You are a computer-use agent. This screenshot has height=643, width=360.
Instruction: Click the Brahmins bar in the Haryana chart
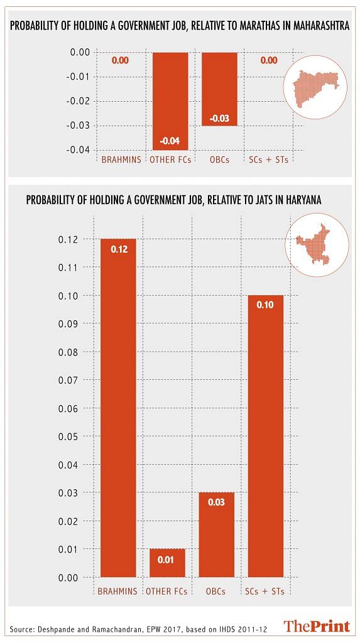point(118,408)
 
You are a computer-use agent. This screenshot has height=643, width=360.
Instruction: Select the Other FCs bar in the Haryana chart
point(167,563)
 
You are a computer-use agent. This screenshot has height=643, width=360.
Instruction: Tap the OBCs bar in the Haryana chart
point(216,535)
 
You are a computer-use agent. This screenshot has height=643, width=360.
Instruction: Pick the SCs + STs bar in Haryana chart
point(266,436)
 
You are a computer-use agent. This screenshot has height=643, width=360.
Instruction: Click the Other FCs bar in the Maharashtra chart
point(170,101)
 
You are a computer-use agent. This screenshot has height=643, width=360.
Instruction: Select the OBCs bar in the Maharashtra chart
point(220,89)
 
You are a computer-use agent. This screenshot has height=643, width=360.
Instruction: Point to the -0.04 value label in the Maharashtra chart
point(170,141)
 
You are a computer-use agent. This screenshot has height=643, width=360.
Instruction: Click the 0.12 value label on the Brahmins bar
point(119,249)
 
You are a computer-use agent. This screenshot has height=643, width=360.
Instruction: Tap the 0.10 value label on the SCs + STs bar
point(266,306)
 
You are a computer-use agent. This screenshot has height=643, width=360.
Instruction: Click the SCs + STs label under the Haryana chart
point(266,592)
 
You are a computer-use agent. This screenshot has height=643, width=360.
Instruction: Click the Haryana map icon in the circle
point(317,245)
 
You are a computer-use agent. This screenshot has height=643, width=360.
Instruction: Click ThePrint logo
point(317,627)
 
